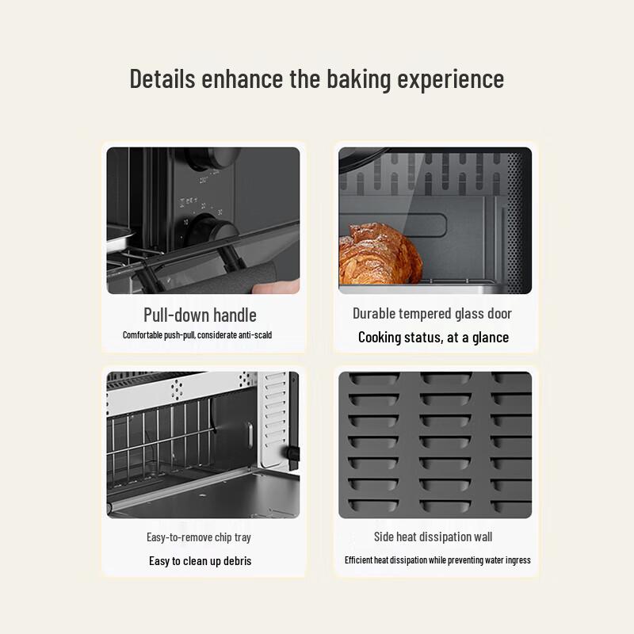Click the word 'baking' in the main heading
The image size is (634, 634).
[x=355, y=79]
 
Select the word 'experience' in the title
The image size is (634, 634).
[x=450, y=79]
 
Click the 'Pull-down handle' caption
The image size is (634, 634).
[x=200, y=315]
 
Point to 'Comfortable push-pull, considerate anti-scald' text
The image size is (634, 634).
[x=197, y=335]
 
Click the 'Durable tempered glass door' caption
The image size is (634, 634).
[x=432, y=314]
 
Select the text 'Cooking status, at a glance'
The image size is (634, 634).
[x=433, y=338]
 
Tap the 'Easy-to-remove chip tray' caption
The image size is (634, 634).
[x=199, y=537]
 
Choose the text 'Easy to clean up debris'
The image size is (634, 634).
[x=200, y=561]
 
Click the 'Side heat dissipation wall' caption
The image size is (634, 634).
[x=433, y=537]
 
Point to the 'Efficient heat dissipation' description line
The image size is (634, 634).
[x=437, y=560]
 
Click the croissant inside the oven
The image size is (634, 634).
[x=378, y=255]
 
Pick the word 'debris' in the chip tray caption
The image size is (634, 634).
[x=235, y=561]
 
